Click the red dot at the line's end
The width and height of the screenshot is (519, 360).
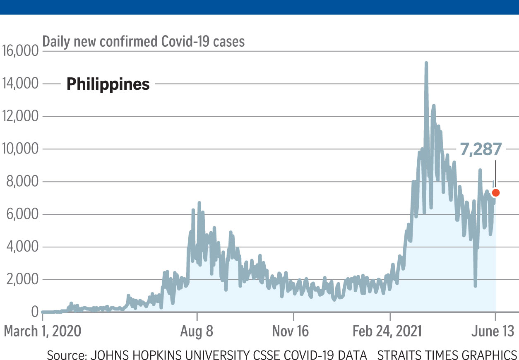(x=495, y=192)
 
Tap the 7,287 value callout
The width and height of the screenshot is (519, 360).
(x=481, y=149)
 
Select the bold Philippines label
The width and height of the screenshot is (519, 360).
(x=108, y=84)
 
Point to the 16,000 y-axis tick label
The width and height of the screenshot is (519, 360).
(x=20, y=51)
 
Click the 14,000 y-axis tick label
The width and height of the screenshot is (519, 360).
(x=20, y=84)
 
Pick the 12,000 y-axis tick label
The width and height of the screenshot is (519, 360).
(x=20, y=117)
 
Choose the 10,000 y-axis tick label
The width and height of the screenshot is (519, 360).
(x=20, y=149)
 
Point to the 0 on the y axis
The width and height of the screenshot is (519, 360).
(x=34, y=312)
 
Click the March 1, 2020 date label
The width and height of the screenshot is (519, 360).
(x=42, y=331)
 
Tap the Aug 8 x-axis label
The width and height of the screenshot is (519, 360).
(x=197, y=331)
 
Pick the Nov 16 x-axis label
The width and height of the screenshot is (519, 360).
(x=293, y=331)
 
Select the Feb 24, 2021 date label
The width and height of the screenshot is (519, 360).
(x=390, y=331)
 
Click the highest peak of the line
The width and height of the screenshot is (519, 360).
(x=426, y=63)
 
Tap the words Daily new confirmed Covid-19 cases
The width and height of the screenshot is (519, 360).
(x=144, y=41)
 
